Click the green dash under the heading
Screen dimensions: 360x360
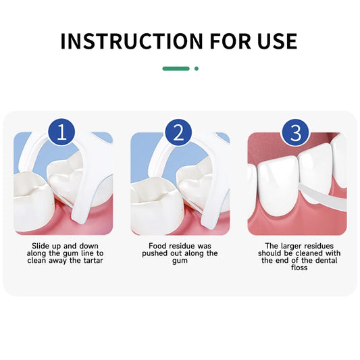point(176,68)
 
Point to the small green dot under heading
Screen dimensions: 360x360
point(197,68)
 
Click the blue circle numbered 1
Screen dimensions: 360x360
point(63,131)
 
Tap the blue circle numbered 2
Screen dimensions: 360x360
point(179,131)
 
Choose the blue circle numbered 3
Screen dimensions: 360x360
point(295,131)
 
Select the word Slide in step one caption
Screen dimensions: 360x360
point(42,246)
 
